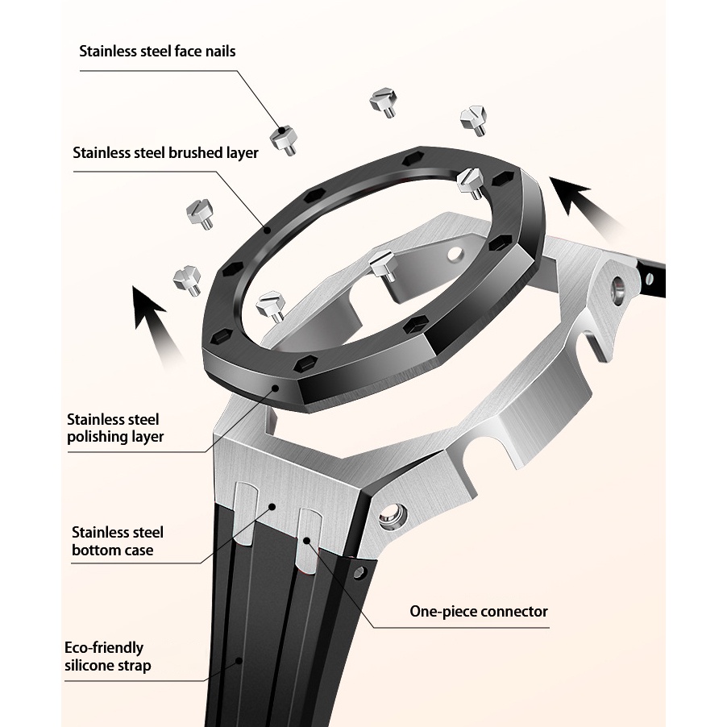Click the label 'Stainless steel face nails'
tap(157, 52)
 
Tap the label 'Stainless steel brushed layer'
tap(165, 152)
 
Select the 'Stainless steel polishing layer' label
tap(115, 428)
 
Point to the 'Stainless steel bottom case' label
tap(117, 542)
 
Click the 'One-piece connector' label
tap(478, 611)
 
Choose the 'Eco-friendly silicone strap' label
tap(107, 656)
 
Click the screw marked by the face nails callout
tap(283, 141)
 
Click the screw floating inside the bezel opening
tap(381, 264)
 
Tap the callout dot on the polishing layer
tap(276, 389)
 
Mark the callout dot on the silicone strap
tap(239, 660)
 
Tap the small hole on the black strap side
tap(360, 575)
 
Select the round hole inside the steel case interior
tap(454, 254)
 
